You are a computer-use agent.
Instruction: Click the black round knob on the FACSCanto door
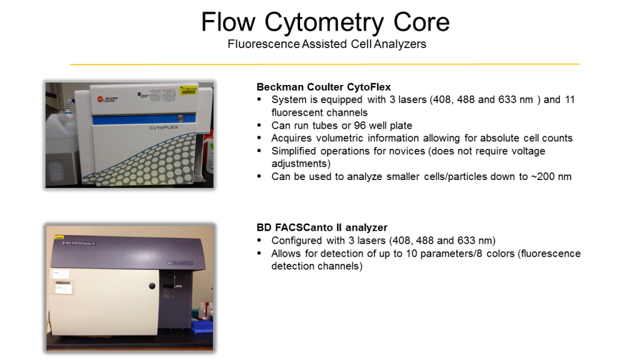coord(152,286)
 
